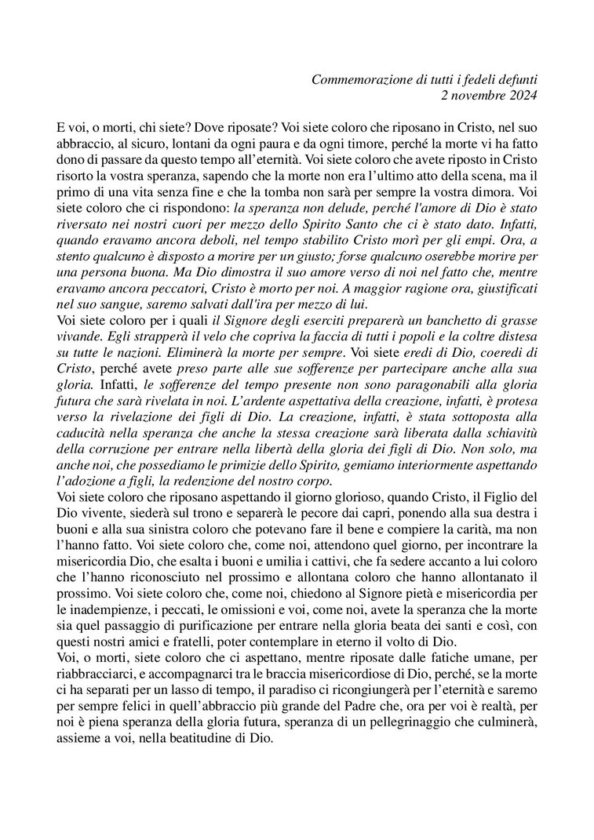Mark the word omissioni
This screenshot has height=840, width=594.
233,627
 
